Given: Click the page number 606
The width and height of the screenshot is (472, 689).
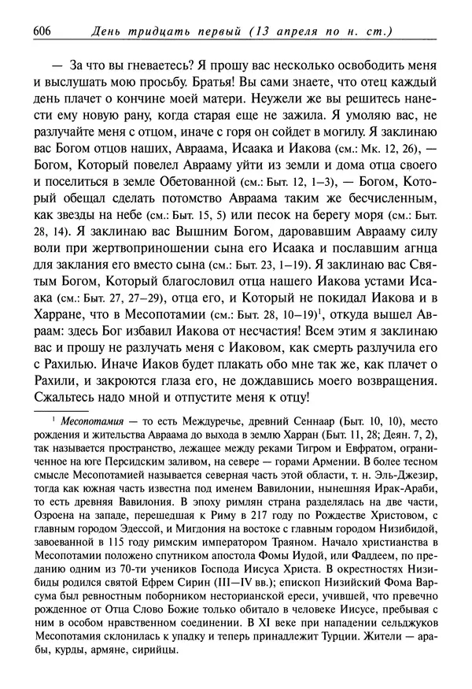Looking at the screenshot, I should coord(41,31).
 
